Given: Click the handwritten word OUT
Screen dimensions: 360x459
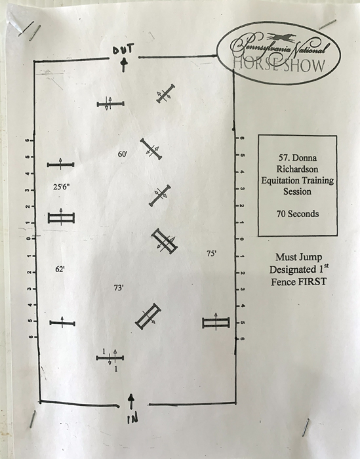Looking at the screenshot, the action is (123, 49).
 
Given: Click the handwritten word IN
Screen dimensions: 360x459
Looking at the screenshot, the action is (132, 418).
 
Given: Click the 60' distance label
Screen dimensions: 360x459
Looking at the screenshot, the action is (123, 154).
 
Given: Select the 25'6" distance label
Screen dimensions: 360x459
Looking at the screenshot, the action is (62, 187).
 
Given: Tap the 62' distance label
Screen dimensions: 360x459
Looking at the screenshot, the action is (60, 269).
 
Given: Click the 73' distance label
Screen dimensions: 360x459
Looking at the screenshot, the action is (119, 288).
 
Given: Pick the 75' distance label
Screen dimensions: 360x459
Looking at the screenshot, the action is (211, 254).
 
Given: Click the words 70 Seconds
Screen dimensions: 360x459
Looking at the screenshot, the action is (298, 214).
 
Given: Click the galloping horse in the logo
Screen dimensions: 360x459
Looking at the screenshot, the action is (281, 38).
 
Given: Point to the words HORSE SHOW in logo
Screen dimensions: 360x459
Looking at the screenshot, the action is (279, 66).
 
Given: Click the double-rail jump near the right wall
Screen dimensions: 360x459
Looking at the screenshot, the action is (216, 323).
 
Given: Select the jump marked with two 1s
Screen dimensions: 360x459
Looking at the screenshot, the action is (110, 358).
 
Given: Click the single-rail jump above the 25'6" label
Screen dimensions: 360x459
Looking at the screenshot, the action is (60, 165).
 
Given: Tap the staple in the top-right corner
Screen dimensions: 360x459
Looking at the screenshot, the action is (327, 24).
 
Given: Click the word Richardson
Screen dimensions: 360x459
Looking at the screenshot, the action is (297, 169).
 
